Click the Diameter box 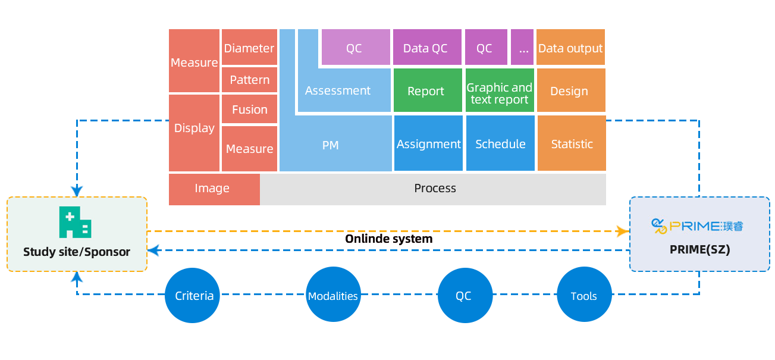[249, 48]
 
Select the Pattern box [249, 80]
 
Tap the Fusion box [249, 109]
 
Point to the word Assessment [337, 90]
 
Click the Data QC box [425, 48]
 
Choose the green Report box [426, 91]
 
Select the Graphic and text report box [499, 93]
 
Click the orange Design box [569, 91]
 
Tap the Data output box [570, 48]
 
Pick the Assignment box [428, 144]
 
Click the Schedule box [500, 144]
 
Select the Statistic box [572, 144]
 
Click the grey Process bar [435, 189]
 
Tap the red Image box [212, 189]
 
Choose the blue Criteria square [192, 295]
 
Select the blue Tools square [583, 295]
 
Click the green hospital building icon [75, 223]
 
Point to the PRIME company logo [698, 226]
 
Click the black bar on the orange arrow [389, 239]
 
